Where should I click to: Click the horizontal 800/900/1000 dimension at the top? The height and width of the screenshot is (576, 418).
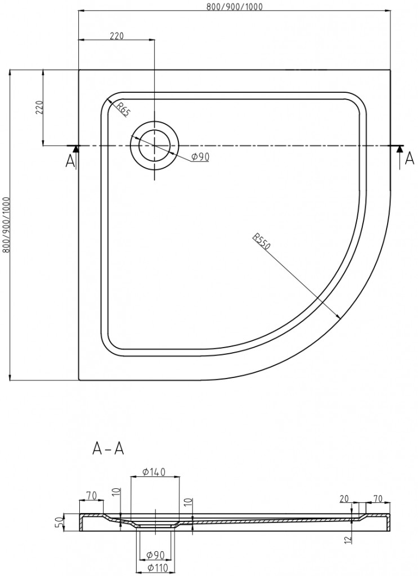pos(235,6)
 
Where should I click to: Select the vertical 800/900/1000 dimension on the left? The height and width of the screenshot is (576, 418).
pos(6,225)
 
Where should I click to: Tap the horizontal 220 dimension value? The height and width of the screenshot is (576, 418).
pos(116,36)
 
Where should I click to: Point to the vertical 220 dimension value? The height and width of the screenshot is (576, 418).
pos(39,107)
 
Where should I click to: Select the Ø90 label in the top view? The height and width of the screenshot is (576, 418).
pos(200,157)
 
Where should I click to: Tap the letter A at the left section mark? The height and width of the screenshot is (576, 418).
pos(70,161)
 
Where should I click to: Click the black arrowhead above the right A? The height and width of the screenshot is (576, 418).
pos(399,149)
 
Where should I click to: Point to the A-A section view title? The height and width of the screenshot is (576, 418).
pos(108,448)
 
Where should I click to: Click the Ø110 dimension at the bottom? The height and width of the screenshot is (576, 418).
pos(155,568)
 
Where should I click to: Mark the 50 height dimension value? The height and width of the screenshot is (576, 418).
pos(57,522)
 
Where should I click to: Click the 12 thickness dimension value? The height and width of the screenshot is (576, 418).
pos(349,540)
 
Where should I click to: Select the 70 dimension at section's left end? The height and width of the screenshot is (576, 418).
pos(91,496)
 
